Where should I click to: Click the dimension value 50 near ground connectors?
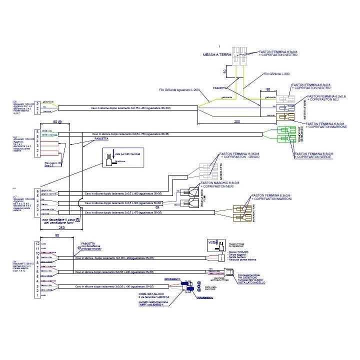[x=226, y=72]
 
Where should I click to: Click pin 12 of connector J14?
[x=36, y=243]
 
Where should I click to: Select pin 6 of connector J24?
[x=36, y=132]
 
